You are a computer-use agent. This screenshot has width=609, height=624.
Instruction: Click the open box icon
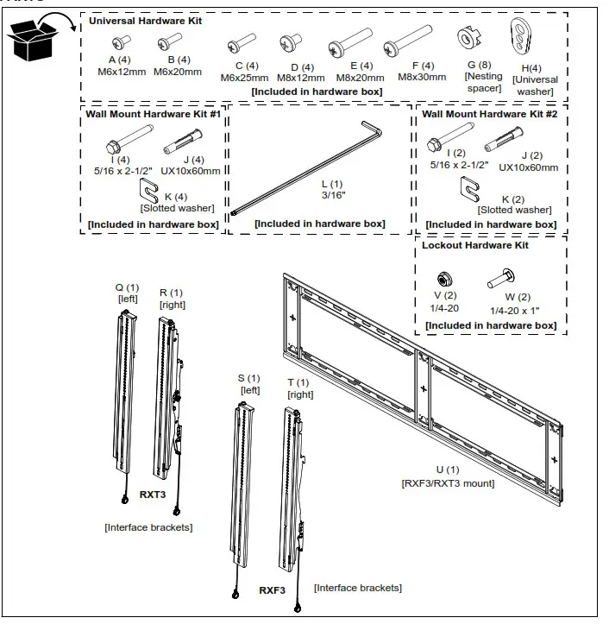(32, 39)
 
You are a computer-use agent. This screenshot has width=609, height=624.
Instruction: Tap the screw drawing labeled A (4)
(125, 40)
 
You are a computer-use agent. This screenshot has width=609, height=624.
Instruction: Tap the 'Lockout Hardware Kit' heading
(474, 245)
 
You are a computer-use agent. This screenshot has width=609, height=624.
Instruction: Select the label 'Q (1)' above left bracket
(127, 287)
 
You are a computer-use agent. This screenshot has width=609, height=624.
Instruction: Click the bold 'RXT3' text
(153, 495)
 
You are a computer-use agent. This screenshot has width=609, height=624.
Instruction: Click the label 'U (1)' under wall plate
(447, 470)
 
